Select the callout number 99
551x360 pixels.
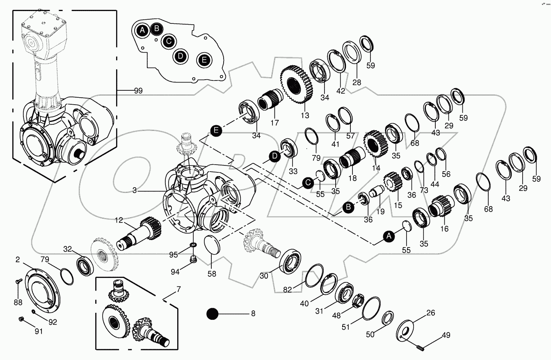[x=138, y=91]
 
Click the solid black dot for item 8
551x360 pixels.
[x=213, y=314]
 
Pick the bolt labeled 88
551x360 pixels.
[x=18, y=282]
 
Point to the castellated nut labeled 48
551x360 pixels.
[x=359, y=302]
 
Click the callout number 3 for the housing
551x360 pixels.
[x=134, y=190]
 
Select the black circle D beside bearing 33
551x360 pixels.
[x=274, y=156]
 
